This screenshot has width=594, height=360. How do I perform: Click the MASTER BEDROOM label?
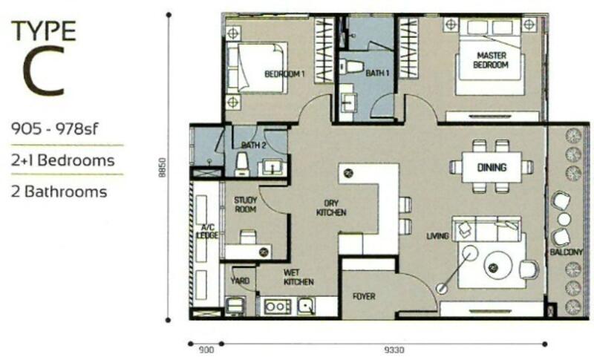(491, 60)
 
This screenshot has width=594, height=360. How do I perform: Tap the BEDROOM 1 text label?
(284, 73)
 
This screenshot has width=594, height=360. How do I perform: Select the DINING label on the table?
(492, 167)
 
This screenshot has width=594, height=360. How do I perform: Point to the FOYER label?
(364, 296)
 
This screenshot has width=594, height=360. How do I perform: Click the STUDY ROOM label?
(246, 204)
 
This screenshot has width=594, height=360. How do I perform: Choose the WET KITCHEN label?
(298, 277)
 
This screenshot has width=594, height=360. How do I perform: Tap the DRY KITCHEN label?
(331, 208)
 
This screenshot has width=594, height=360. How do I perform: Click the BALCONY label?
(567, 252)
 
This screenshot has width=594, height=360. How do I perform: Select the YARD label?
(240, 281)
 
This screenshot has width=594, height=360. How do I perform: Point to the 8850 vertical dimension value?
(163, 168)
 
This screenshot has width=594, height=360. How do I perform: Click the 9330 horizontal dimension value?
(394, 350)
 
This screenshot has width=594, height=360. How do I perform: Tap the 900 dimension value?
(206, 350)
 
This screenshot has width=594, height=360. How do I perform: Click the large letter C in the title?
(44, 71)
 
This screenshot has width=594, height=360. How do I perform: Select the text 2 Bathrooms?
(59, 192)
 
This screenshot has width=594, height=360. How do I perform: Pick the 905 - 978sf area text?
(54, 129)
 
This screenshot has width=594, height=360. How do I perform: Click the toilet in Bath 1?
(351, 68)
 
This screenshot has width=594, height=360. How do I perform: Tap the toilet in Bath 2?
(242, 164)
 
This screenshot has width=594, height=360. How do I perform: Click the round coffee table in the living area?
(498, 265)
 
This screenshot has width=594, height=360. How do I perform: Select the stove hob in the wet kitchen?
(278, 307)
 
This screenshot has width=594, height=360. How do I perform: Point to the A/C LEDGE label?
(208, 232)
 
